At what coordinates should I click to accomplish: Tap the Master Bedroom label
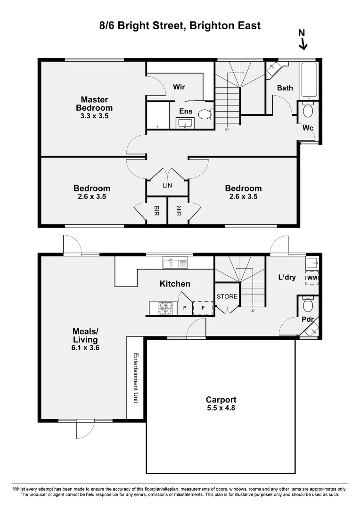coord(94,104)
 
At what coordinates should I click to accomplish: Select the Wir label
coord(179,87)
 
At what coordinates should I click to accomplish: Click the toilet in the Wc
coord(308,111)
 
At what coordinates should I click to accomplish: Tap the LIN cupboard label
coord(167,186)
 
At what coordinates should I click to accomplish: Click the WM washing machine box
coord(312,279)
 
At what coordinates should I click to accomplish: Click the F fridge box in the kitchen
coord(203,308)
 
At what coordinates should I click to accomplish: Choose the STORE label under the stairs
coord(227,296)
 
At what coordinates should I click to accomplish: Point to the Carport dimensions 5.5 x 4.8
coord(221,408)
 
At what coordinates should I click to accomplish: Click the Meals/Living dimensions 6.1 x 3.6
coord(85,348)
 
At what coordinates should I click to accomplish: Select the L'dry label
coord(287,277)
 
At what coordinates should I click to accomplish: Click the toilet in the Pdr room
coord(308,305)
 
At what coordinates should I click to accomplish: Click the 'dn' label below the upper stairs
coord(227,129)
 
